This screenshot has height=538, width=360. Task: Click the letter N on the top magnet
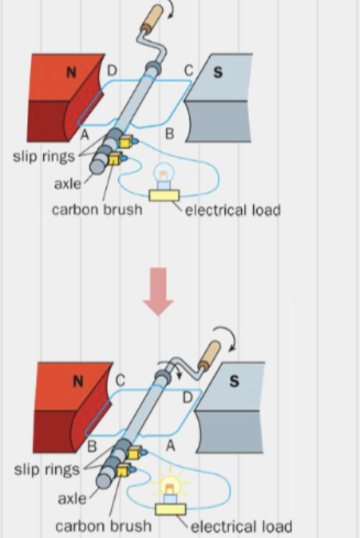(70, 72)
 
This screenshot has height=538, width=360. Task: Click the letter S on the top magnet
(218, 73)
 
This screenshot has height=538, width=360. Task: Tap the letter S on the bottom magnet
(234, 382)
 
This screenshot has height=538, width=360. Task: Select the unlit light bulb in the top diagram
(162, 175)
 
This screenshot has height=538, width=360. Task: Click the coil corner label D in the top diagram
(112, 69)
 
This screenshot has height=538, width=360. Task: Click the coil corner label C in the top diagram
(188, 70)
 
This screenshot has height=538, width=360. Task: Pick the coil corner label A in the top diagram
(84, 134)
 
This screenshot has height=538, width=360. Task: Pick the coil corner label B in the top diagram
(169, 134)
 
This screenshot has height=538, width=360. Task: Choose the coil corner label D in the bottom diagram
(187, 396)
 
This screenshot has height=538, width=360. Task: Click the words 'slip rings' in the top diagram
(43, 156)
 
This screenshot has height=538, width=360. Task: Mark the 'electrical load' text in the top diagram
(232, 210)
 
